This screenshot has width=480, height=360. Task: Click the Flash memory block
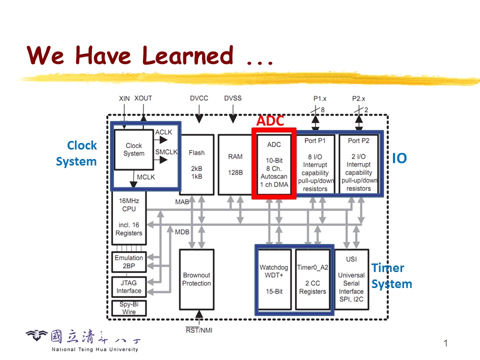point(196,164)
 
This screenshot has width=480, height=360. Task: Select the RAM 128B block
point(235,164)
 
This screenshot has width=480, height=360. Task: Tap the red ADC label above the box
point(270,121)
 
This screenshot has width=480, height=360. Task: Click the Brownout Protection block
point(196,279)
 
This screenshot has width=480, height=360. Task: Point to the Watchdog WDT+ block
point(274,279)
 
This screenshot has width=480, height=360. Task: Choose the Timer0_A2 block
point(312,279)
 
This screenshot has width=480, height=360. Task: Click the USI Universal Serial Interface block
point(351,279)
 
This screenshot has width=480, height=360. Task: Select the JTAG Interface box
point(129,286)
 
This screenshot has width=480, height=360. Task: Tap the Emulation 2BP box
point(129,262)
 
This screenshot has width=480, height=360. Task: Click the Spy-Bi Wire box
point(129,308)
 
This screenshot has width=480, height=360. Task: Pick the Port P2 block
point(358,164)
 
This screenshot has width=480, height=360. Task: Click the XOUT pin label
point(143,98)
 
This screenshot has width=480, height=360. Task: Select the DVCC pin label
point(199,98)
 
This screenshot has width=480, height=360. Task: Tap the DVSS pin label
point(232,98)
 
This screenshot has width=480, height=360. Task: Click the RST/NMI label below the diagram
point(199,329)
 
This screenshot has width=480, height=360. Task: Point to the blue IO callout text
point(399,158)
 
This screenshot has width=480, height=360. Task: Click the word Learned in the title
point(188,55)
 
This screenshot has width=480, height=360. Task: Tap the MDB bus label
point(182,232)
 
